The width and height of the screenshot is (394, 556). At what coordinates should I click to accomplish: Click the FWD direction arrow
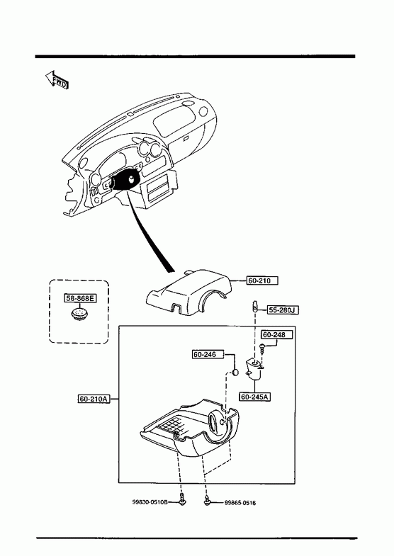(x=57, y=80)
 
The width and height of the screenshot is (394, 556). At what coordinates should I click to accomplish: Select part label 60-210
(x=262, y=280)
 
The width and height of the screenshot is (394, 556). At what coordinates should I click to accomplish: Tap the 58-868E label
(x=81, y=298)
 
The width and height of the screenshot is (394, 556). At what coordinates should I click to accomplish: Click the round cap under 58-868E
(x=79, y=314)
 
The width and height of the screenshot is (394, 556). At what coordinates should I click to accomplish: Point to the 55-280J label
(x=283, y=310)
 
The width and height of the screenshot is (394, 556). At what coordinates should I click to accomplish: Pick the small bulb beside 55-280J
(x=255, y=306)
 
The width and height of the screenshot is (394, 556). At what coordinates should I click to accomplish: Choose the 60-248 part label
(x=277, y=334)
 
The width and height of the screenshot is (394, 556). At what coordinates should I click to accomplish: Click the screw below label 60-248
(x=263, y=348)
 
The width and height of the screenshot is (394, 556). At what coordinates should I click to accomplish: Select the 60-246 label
(x=208, y=354)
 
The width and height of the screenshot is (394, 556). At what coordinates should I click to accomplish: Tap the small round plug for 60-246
(x=235, y=373)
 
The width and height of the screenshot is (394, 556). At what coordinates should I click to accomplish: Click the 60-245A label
(x=255, y=397)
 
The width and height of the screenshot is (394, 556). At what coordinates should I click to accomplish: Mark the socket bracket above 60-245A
(x=254, y=369)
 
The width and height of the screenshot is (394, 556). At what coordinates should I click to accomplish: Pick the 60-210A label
(x=94, y=399)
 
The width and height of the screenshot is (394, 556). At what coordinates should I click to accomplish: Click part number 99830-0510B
(x=150, y=502)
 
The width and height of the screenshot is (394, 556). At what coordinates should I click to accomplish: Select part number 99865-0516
(x=240, y=503)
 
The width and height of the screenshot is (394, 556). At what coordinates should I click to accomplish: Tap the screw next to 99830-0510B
(x=182, y=499)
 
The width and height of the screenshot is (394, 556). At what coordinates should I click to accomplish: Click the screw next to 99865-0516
(x=208, y=500)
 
